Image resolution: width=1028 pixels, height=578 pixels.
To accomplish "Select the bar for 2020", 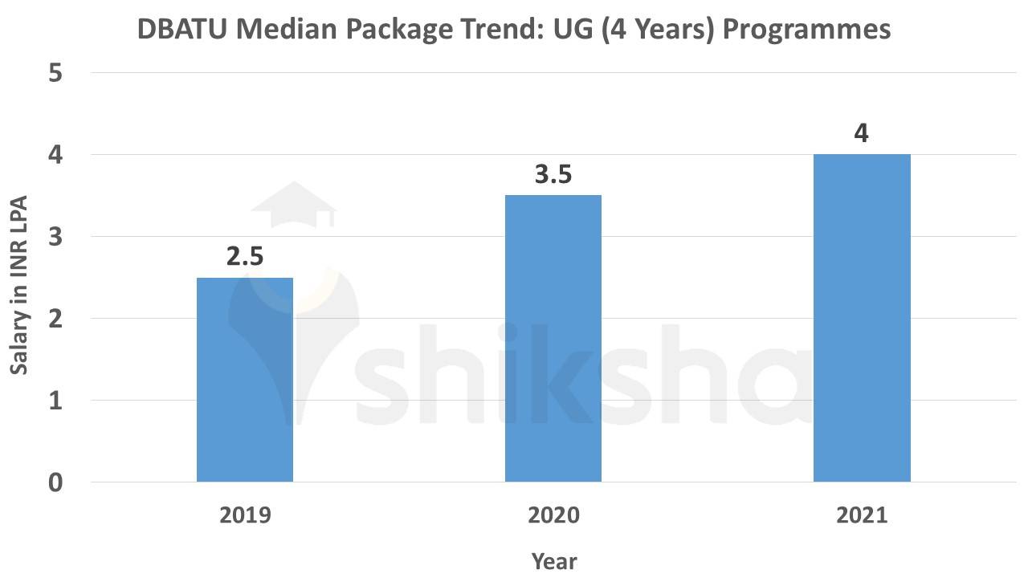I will [553, 338].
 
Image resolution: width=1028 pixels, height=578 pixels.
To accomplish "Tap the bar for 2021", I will [862, 318].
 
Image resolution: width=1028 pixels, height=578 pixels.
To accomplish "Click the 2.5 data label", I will [245, 257].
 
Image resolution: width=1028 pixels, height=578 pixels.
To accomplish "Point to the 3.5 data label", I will [553, 174].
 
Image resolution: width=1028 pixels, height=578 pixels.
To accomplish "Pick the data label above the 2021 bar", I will [862, 132].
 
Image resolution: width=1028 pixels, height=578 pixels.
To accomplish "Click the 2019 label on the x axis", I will [245, 515].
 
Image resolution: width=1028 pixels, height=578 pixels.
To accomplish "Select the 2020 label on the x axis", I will [553, 515].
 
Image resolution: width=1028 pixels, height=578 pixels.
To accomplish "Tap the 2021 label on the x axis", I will [862, 515].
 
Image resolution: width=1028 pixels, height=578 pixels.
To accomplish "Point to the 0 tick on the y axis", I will [55, 482].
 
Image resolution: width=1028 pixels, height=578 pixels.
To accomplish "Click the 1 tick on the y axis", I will [55, 401].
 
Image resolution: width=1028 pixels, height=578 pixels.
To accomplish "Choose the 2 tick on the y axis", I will [55, 319].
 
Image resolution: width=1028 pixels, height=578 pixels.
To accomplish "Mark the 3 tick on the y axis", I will [55, 237].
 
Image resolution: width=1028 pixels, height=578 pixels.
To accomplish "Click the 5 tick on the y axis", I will [55, 73].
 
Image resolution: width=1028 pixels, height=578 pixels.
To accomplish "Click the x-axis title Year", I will [553, 560].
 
